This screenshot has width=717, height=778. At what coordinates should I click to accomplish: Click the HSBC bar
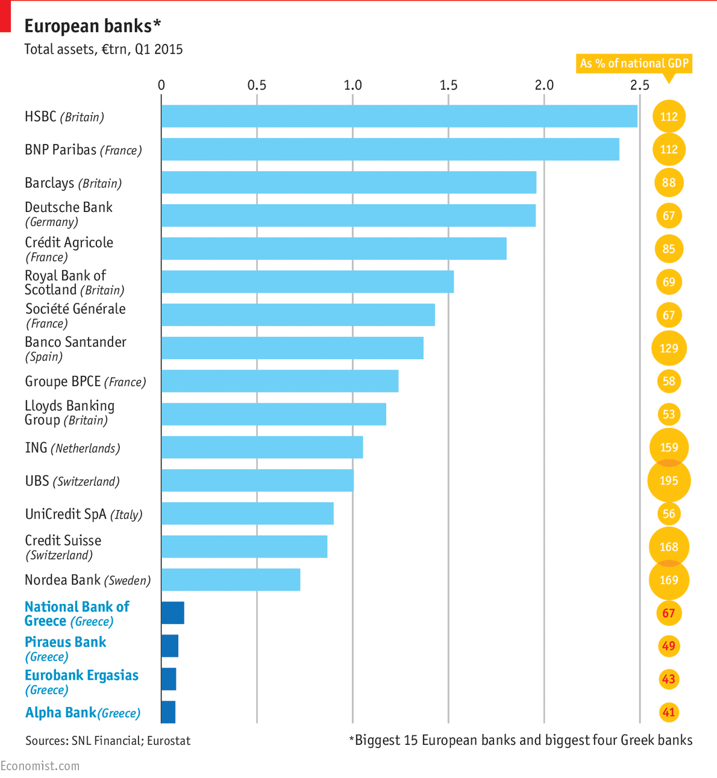point(399,116)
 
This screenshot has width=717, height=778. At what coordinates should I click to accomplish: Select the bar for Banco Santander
point(292,348)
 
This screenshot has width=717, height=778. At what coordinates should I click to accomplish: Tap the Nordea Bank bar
point(231,580)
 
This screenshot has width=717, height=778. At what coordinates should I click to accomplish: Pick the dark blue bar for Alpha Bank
point(168,712)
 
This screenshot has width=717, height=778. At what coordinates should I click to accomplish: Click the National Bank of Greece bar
point(172,613)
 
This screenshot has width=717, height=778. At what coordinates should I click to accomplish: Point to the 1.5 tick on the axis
point(448,85)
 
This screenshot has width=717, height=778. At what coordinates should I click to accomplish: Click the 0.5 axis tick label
point(257,85)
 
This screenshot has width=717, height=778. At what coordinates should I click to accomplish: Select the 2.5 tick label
point(639,85)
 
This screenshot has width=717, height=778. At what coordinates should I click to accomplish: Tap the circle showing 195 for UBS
point(669,481)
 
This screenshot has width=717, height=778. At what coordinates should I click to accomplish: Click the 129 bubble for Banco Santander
point(669,348)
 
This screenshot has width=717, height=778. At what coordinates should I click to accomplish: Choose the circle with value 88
point(669,182)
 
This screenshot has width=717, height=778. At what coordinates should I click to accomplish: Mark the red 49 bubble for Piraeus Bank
point(669,646)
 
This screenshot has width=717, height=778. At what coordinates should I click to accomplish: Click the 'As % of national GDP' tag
point(634,63)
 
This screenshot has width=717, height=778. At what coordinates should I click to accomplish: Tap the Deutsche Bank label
point(68,214)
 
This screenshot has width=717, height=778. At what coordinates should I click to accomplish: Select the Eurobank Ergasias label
point(81,682)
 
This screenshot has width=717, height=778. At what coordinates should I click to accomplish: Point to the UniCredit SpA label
point(83,514)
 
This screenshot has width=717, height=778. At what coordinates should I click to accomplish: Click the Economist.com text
point(40,765)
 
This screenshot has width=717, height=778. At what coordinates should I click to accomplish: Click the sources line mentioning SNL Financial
point(108,741)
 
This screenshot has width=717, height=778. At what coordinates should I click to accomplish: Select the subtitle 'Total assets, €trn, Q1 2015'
point(103,49)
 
